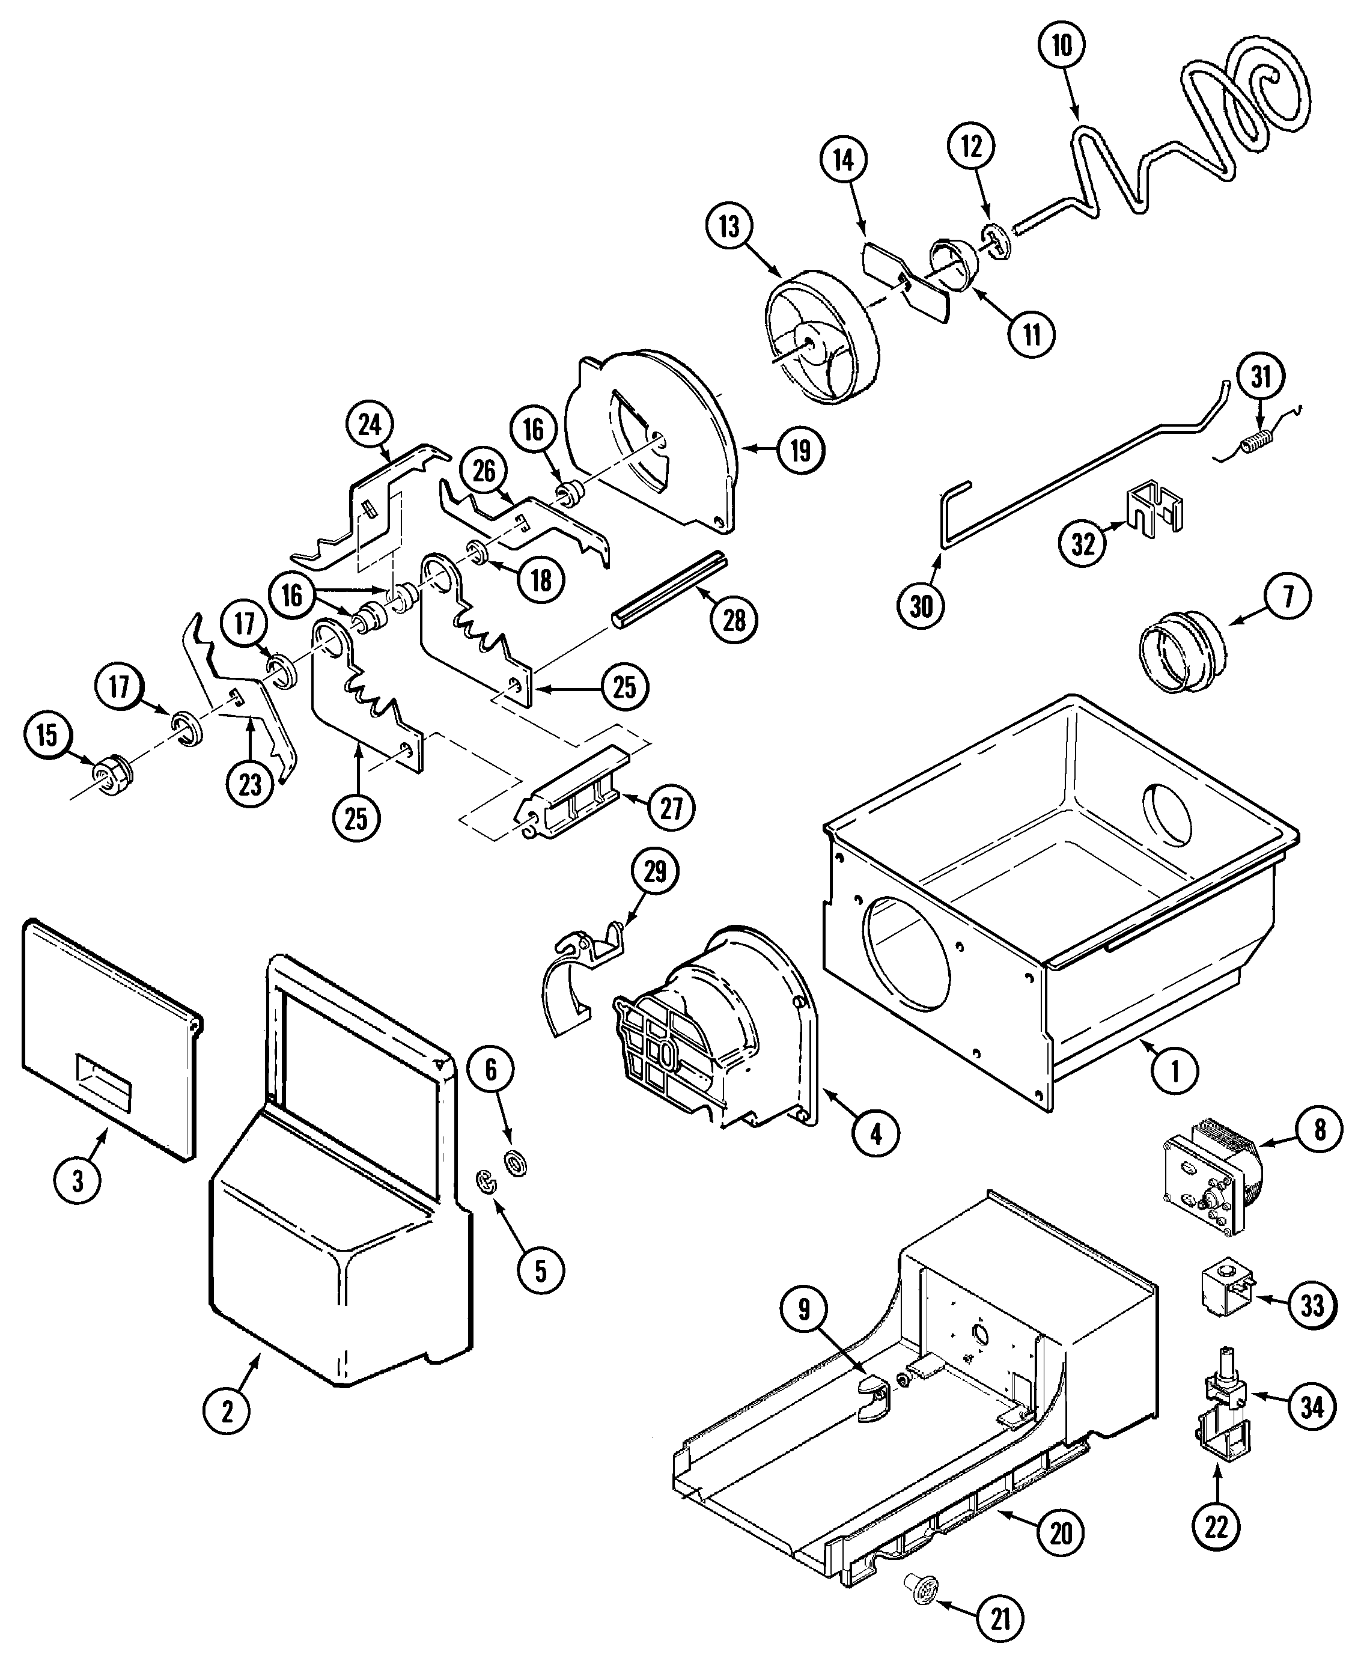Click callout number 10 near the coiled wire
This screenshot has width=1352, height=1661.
(1062, 46)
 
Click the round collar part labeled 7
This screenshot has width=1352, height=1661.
(1180, 650)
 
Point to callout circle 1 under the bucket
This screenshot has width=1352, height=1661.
(1174, 1071)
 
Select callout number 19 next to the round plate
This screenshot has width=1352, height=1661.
(800, 451)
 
